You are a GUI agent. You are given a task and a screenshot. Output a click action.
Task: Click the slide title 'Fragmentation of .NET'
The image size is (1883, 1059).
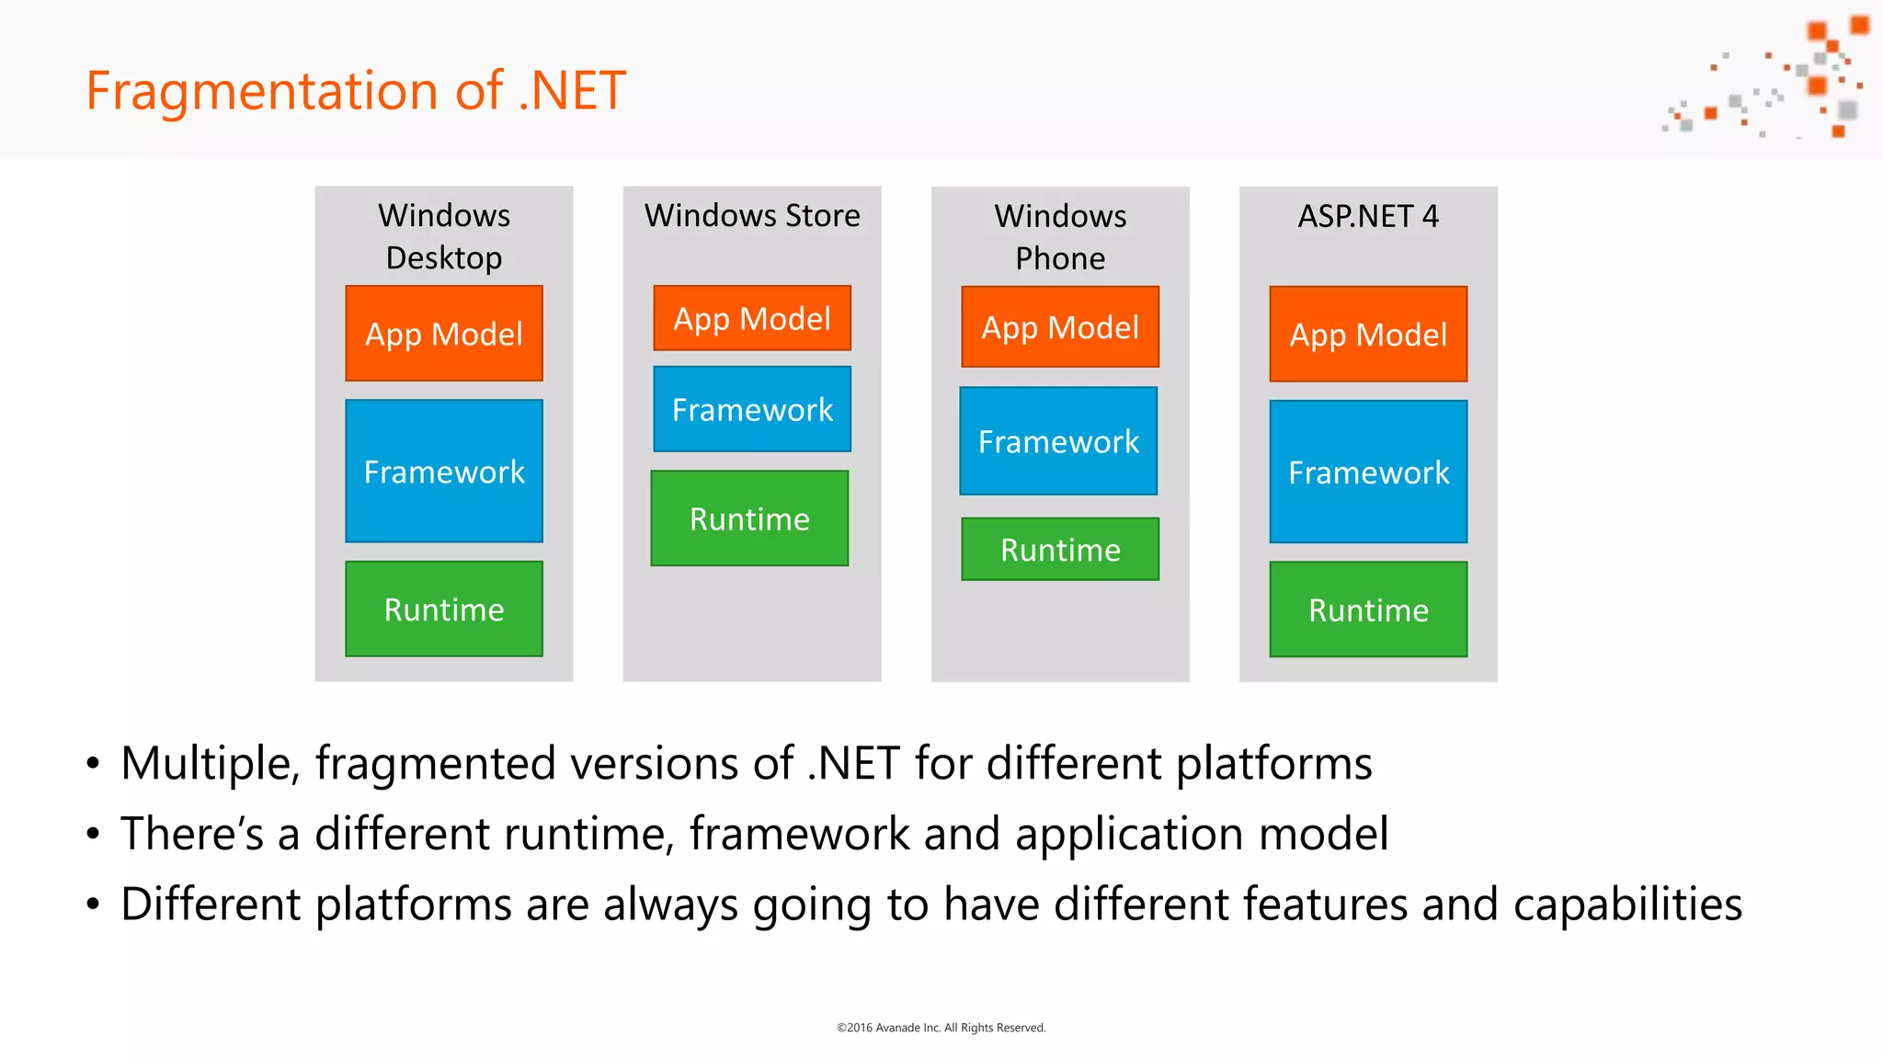tap(356, 91)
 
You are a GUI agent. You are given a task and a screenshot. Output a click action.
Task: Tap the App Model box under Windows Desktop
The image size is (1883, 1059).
tap(444, 334)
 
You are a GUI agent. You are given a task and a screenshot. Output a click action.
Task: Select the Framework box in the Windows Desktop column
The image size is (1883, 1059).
tap(444, 472)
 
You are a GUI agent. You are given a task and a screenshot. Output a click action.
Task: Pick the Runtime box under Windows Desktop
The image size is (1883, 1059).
tap(444, 609)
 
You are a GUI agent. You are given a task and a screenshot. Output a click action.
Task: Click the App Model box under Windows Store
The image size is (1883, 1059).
tap(752, 319)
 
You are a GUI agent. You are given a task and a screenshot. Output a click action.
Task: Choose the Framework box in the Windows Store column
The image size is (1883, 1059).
tap(752, 410)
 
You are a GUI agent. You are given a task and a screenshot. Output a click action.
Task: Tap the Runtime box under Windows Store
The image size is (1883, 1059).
tap(749, 519)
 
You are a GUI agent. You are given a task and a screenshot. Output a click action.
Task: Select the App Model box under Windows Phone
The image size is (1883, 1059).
tap(1060, 327)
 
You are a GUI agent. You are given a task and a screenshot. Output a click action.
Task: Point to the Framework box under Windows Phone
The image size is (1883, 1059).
tap(1058, 442)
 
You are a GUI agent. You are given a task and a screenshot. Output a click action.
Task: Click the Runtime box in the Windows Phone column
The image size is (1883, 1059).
tap(1060, 550)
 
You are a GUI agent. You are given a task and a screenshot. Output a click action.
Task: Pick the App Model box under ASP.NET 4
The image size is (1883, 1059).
tap(1368, 335)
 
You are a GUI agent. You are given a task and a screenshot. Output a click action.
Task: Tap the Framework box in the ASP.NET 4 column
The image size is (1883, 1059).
tap(1368, 473)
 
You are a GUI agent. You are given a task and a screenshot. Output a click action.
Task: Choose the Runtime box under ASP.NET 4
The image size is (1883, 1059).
tap(1368, 610)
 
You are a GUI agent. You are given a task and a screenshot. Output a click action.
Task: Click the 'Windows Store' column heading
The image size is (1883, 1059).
tap(752, 216)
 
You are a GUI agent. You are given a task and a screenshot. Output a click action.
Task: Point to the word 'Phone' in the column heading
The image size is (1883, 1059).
tap(1060, 259)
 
